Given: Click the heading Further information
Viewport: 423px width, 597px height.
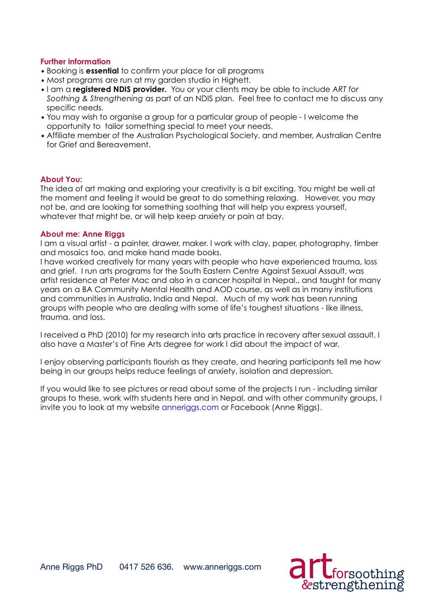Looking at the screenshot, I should [x=75, y=62].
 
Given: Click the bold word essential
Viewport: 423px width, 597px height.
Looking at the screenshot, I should [x=102, y=71].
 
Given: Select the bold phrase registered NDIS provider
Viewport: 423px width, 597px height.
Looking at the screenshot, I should [x=120, y=89].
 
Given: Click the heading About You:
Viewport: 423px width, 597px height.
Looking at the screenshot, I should [x=61, y=179].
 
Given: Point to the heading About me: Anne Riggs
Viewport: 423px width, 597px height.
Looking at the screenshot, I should [x=82, y=234].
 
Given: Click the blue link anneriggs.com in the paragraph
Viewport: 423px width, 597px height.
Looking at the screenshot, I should [x=190, y=407].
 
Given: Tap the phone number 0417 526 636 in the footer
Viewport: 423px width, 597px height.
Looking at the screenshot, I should [x=146, y=567].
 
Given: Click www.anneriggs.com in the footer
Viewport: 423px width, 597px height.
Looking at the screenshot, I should [x=222, y=567].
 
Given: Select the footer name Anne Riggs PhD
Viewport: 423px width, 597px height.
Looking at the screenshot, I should [x=71, y=567].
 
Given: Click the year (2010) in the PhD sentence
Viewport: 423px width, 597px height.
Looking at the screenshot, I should [x=117, y=335].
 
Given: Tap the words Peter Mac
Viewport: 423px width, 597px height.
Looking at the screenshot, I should [x=129, y=280].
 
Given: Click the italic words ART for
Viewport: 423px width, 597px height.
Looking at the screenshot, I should [x=345, y=89].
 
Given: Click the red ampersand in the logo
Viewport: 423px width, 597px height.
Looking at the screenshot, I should [x=306, y=585].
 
